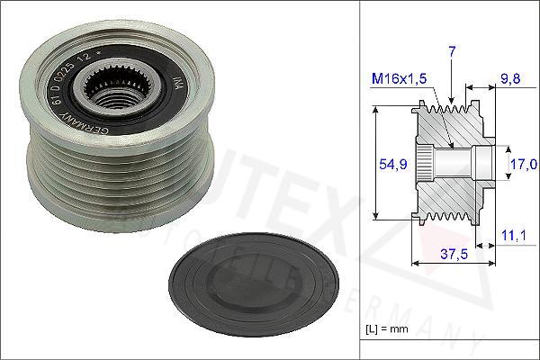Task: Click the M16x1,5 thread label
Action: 399,80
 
